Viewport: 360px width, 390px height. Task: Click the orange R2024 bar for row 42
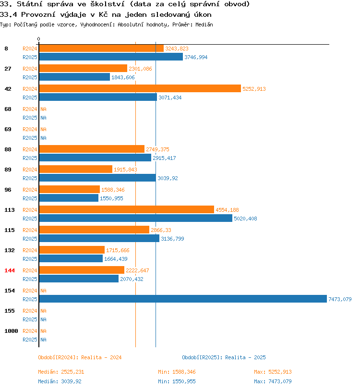coord(140,88)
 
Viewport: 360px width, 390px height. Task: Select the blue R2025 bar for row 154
coord(183,299)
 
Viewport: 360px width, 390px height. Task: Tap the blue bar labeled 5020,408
coord(136,218)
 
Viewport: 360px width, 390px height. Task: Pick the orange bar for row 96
coord(70,189)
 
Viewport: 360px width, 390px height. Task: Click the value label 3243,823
coord(177,49)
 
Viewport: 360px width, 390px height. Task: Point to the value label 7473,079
coord(340,299)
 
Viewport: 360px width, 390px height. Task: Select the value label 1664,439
coord(116,259)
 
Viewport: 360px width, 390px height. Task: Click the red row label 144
coord(10,270)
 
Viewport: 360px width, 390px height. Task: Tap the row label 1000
coord(11,331)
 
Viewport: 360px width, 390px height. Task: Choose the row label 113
coord(10,210)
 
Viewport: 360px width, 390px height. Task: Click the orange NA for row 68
coord(43,109)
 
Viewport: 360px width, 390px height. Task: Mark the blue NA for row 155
coord(43,319)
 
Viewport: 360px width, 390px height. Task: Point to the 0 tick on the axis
coord(38,39)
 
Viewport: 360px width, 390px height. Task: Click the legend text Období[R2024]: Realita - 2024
coord(80,357)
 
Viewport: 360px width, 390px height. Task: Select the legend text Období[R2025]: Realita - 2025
coord(224,357)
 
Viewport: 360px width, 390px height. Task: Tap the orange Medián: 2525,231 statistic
coord(61,372)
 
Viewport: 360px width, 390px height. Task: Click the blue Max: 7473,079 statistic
coord(273,381)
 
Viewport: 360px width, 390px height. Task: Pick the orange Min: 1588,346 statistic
coord(177,372)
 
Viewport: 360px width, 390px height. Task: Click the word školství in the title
coord(108,4)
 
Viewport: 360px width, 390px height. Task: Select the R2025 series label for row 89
coord(30,178)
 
